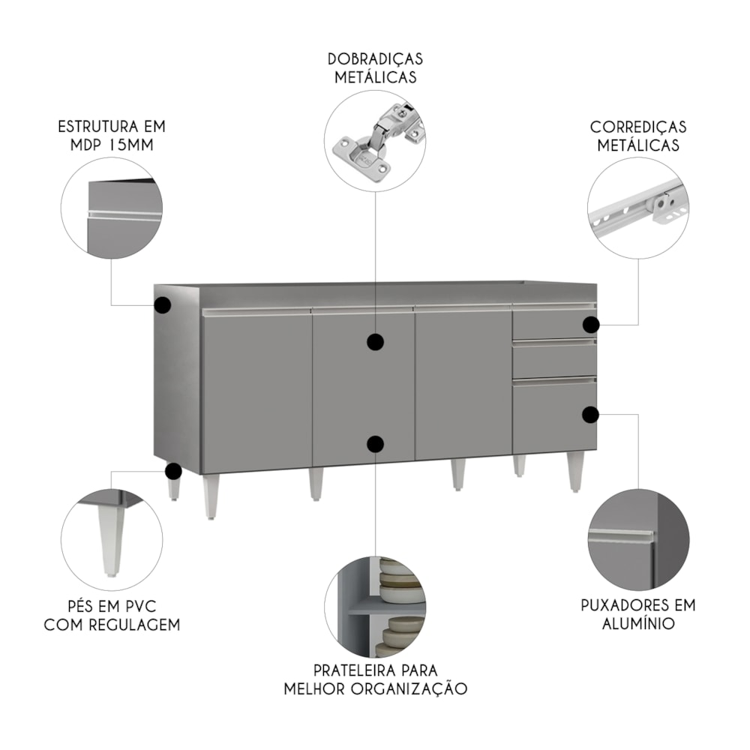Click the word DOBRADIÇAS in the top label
376,59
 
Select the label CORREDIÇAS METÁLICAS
638,136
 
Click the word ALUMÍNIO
638,624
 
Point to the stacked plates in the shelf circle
400,607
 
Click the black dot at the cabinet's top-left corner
163,304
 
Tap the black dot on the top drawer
591,325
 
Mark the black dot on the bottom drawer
591,415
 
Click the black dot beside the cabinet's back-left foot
173,471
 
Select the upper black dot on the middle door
376,342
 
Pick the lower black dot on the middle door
376,444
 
